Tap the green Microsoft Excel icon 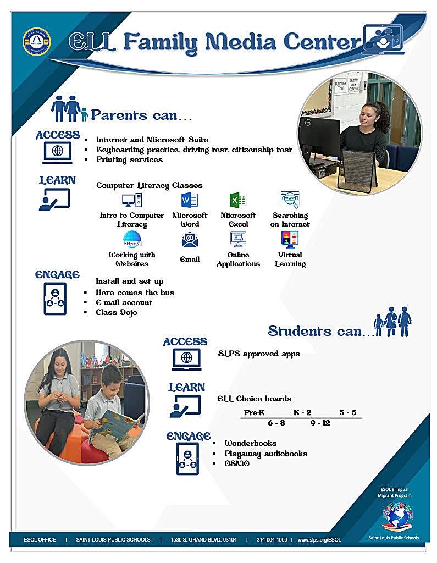[237, 200]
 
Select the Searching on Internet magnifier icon [290, 200]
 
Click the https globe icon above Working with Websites [132, 240]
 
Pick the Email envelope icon [190, 240]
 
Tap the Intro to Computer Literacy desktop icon [132, 200]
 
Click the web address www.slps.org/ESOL [319, 539]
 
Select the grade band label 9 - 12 [320, 423]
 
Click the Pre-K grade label [255, 412]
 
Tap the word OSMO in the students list [237, 464]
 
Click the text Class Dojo [117, 312]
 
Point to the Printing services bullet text [129, 159]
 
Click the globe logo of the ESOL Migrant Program [398, 517]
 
